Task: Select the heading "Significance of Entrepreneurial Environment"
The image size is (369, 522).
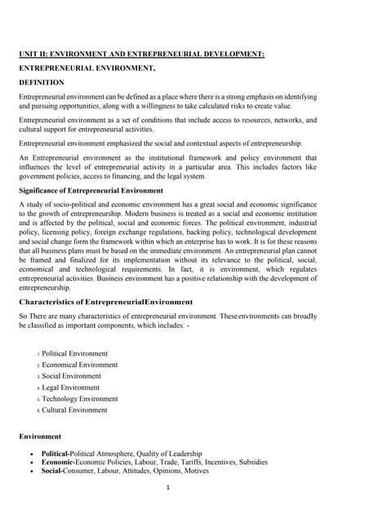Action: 91,190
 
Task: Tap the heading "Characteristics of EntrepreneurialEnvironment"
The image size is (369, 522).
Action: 106,302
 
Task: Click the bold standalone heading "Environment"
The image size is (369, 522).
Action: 41,436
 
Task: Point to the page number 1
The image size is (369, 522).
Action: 167,489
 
